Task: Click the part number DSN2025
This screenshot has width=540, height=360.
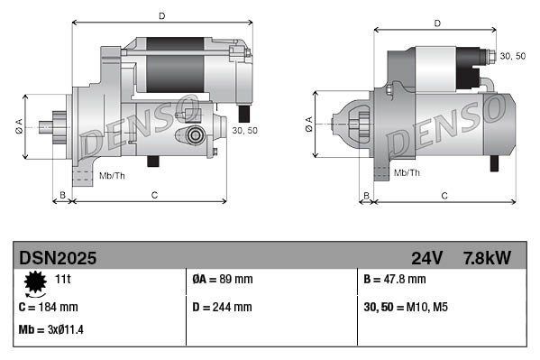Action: coord(59,258)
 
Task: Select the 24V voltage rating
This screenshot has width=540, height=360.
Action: coord(426,258)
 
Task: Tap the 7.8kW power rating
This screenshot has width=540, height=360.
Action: coord(487,258)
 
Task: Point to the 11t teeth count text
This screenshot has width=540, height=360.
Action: coord(63,280)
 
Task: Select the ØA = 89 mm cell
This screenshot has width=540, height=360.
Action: coord(223,280)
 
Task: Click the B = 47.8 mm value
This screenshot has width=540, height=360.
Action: coord(395,280)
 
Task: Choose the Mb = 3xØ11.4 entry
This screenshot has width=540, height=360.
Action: coord(50,329)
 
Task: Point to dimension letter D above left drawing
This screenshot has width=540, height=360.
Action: coord(161,15)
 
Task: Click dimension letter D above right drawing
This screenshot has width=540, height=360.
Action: coord(436,23)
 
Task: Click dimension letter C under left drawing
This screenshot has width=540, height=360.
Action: coord(154,195)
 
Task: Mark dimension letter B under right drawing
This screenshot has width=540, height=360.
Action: coord(365,195)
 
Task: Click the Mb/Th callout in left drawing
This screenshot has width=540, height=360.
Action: coord(112,174)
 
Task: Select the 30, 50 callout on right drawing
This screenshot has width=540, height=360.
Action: coord(512,56)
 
